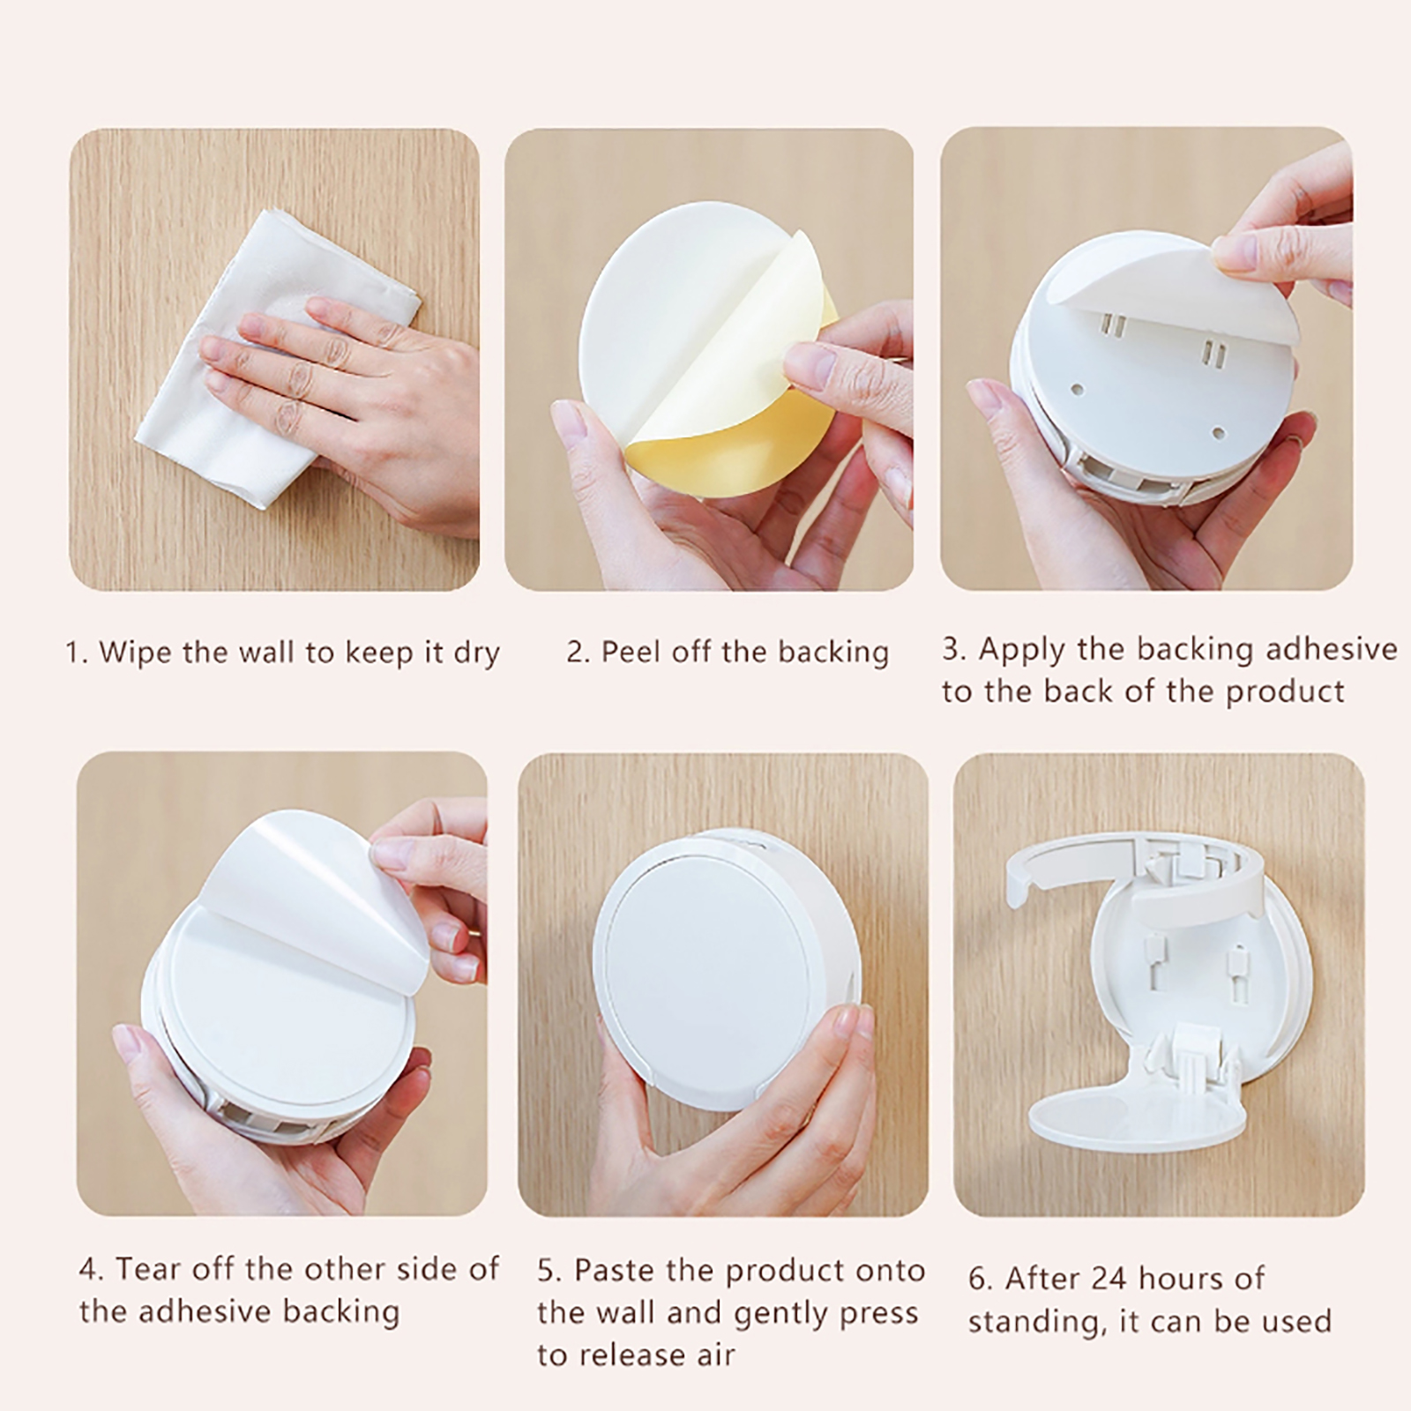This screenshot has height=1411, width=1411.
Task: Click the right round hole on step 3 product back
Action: pyautogui.click(x=1220, y=433)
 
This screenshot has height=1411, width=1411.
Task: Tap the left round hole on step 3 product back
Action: pyautogui.click(x=1078, y=387)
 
